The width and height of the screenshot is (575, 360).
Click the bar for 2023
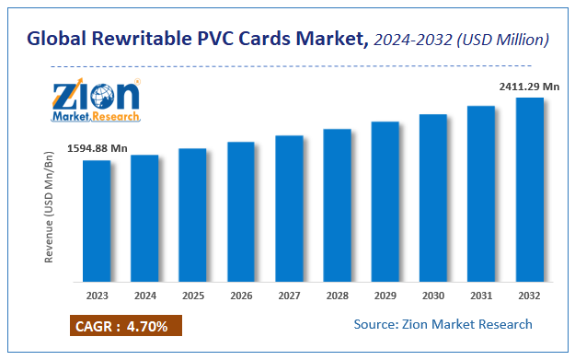click(97, 221)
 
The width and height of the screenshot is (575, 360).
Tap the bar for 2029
click(385, 202)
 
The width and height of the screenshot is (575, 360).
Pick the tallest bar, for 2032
click(530, 190)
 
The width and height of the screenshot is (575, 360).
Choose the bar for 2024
click(144, 218)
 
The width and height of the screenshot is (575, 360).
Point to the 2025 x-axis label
click(192, 296)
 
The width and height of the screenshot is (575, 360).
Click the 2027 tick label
click(289, 296)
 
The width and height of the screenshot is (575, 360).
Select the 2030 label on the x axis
click(433, 296)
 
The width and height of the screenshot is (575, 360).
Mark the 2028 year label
click(338, 296)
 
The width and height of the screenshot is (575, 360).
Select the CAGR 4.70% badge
click(125, 325)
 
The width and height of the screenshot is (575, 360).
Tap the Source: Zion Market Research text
click(443, 324)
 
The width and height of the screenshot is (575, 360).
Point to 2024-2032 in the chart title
click(415, 40)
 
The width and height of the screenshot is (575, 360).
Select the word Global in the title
click(56, 40)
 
